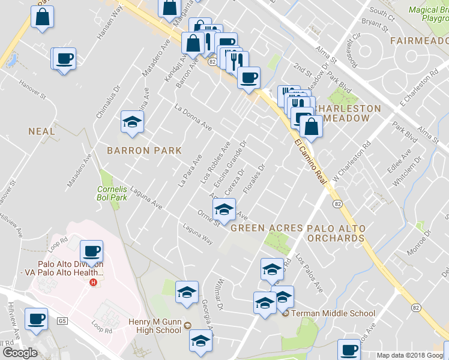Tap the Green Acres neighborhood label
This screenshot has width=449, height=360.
click(x=266, y=228)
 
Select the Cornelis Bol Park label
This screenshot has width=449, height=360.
click(x=112, y=193)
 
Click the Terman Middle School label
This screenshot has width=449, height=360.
click(x=333, y=313)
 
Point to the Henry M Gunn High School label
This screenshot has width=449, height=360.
click(x=155, y=326)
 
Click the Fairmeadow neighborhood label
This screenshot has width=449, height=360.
click(x=419, y=41)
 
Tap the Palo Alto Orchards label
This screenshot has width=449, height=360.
click(x=336, y=233)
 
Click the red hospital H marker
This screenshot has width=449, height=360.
click(x=93, y=283)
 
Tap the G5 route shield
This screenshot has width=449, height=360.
click(x=62, y=322)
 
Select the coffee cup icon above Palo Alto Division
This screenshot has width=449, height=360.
click(x=91, y=251)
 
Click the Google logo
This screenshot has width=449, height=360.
click(x=20, y=353)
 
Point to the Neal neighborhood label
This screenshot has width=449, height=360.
click(x=41, y=131)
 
